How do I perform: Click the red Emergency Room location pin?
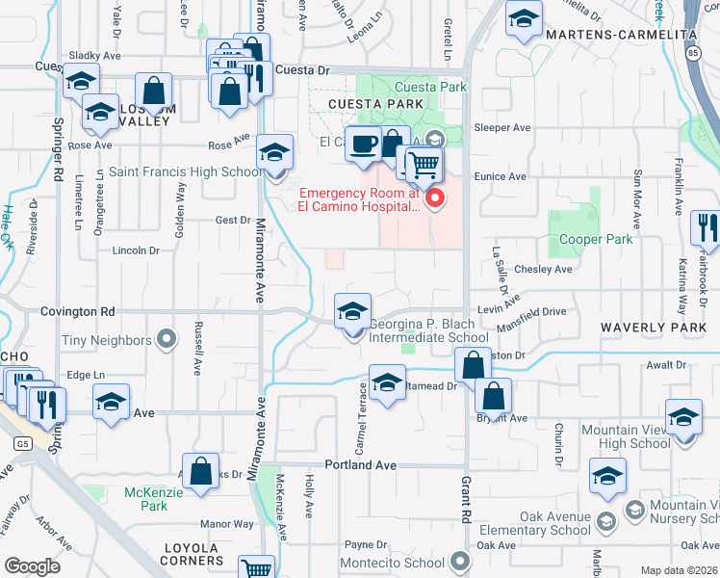[x=435, y=198]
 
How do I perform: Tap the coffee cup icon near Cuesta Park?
[x=362, y=144]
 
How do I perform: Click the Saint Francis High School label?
[x=184, y=172]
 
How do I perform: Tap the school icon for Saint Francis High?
[x=274, y=152]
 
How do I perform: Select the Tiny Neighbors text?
[x=107, y=340]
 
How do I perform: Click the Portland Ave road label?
[x=361, y=464]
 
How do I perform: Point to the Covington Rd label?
[x=77, y=311]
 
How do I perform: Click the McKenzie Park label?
[x=146, y=498]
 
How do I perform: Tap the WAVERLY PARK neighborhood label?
[x=655, y=328]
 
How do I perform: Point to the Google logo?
[x=32, y=566]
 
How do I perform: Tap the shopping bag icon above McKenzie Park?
[x=200, y=472]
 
